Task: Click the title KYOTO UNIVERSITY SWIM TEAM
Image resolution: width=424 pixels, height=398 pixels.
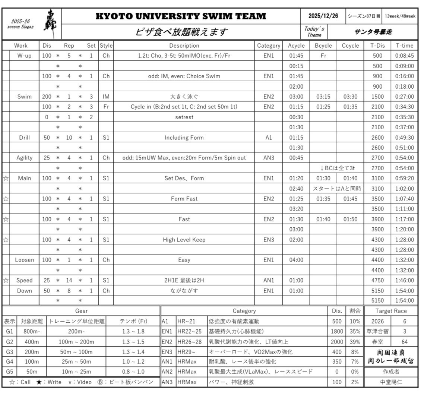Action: pos(181,16)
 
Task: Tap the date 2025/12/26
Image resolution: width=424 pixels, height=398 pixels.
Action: pos(323,16)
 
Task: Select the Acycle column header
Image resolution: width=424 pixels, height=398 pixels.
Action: pos(296,45)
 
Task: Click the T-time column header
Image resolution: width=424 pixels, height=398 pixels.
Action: pos(405,45)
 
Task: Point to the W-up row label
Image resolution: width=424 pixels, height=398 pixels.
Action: pos(25,56)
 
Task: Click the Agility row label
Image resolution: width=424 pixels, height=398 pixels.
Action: pos(25,158)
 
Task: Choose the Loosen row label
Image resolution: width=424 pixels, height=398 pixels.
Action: pos(25,260)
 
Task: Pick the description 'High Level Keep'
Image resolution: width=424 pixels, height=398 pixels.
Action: pos(184,240)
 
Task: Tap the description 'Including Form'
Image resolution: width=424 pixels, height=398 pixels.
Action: pos(184,138)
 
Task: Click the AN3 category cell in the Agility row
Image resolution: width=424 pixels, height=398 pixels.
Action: pos(269,158)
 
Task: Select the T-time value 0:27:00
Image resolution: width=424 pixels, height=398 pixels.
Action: pos(405,97)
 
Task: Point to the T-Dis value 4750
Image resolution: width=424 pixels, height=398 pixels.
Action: pos(377,280)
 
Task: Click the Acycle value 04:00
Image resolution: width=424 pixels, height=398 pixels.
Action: pos(296,260)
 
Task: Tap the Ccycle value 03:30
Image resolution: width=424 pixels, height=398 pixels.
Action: pos(350,97)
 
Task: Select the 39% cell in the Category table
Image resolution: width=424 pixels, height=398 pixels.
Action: pos(355,341)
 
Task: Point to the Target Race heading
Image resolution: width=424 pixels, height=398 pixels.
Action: pos(391,311)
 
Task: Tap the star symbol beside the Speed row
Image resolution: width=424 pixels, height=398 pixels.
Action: pos(6,281)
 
